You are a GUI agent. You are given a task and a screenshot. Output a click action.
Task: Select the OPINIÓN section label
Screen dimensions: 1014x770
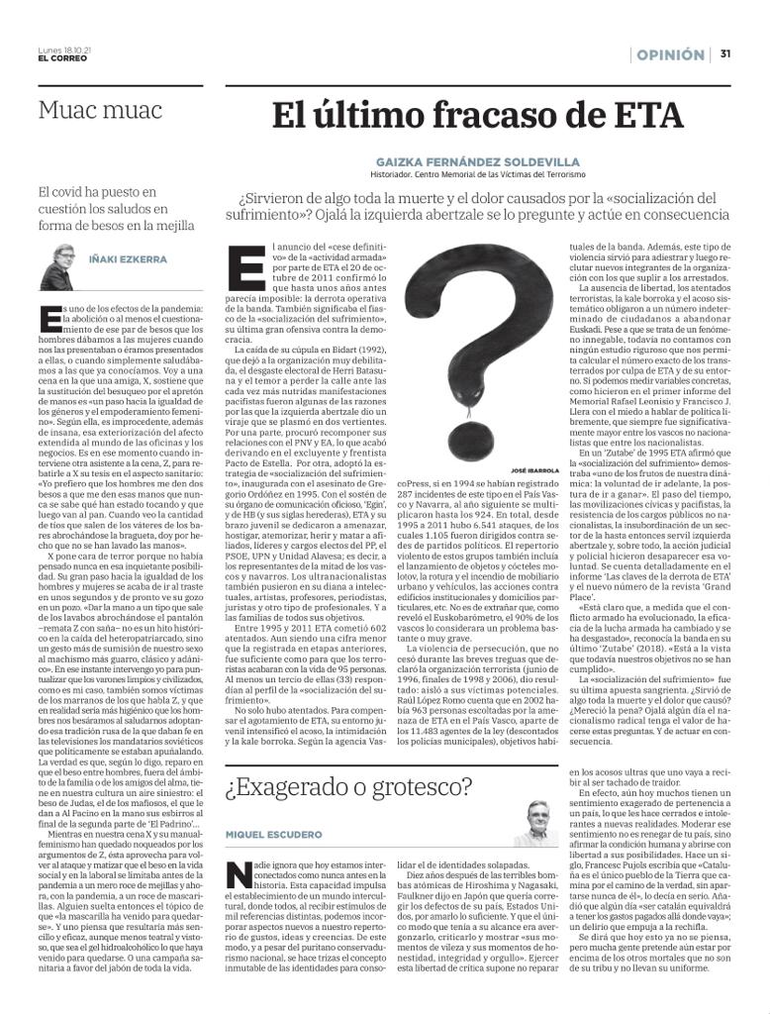click(x=670, y=55)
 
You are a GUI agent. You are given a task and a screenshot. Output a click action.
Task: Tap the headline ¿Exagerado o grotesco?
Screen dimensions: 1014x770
click(x=348, y=787)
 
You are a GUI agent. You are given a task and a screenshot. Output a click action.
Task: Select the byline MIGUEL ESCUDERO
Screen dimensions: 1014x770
click(x=273, y=835)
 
